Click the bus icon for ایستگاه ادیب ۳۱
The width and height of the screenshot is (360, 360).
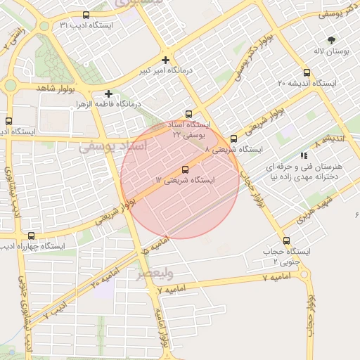[86, 15]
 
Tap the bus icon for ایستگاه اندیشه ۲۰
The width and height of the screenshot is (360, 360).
[306, 72]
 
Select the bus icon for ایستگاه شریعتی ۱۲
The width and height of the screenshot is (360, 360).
[186, 169]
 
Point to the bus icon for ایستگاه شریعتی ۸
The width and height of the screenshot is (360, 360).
[233, 139]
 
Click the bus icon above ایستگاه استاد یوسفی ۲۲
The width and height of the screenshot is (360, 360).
[188, 114]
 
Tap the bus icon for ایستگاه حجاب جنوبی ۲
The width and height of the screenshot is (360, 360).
[286, 240]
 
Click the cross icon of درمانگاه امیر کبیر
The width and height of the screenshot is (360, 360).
[165, 60]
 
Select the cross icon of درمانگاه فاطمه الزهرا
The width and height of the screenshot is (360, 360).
[108, 94]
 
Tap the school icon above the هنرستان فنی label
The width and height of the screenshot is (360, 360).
[303, 155]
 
